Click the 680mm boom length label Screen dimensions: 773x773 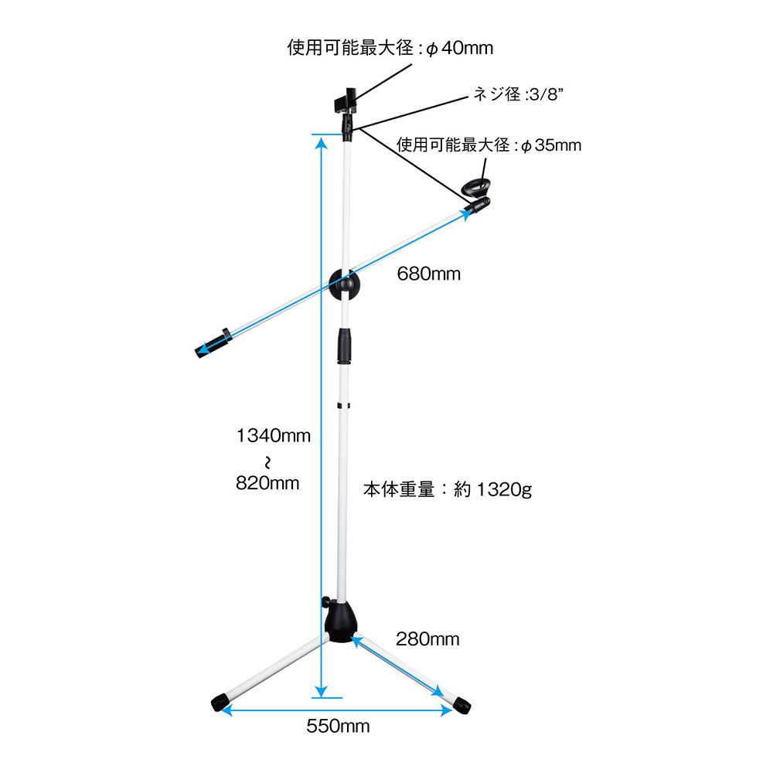[x=428, y=274]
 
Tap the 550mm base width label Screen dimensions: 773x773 [x=338, y=726]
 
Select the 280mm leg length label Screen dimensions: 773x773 [x=427, y=639]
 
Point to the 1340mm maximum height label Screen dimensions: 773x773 [x=273, y=436]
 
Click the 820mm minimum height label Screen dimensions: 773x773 [x=267, y=483]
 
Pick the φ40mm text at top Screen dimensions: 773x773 [x=459, y=48]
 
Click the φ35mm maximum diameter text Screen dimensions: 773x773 [x=550, y=145]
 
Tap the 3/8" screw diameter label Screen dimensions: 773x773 [x=545, y=94]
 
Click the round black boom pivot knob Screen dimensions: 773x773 [x=344, y=284]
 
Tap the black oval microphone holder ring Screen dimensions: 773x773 [x=475, y=187]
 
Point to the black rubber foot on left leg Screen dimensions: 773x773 [x=220, y=703]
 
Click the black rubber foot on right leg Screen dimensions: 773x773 [x=462, y=706]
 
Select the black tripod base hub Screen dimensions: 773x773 [x=341, y=621]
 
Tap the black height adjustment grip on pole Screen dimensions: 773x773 [x=345, y=346]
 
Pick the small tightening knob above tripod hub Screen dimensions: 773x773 [x=326, y=602]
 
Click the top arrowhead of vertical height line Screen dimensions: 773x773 [x=321, y=144]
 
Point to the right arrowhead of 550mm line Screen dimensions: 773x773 [x=446, y=710]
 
